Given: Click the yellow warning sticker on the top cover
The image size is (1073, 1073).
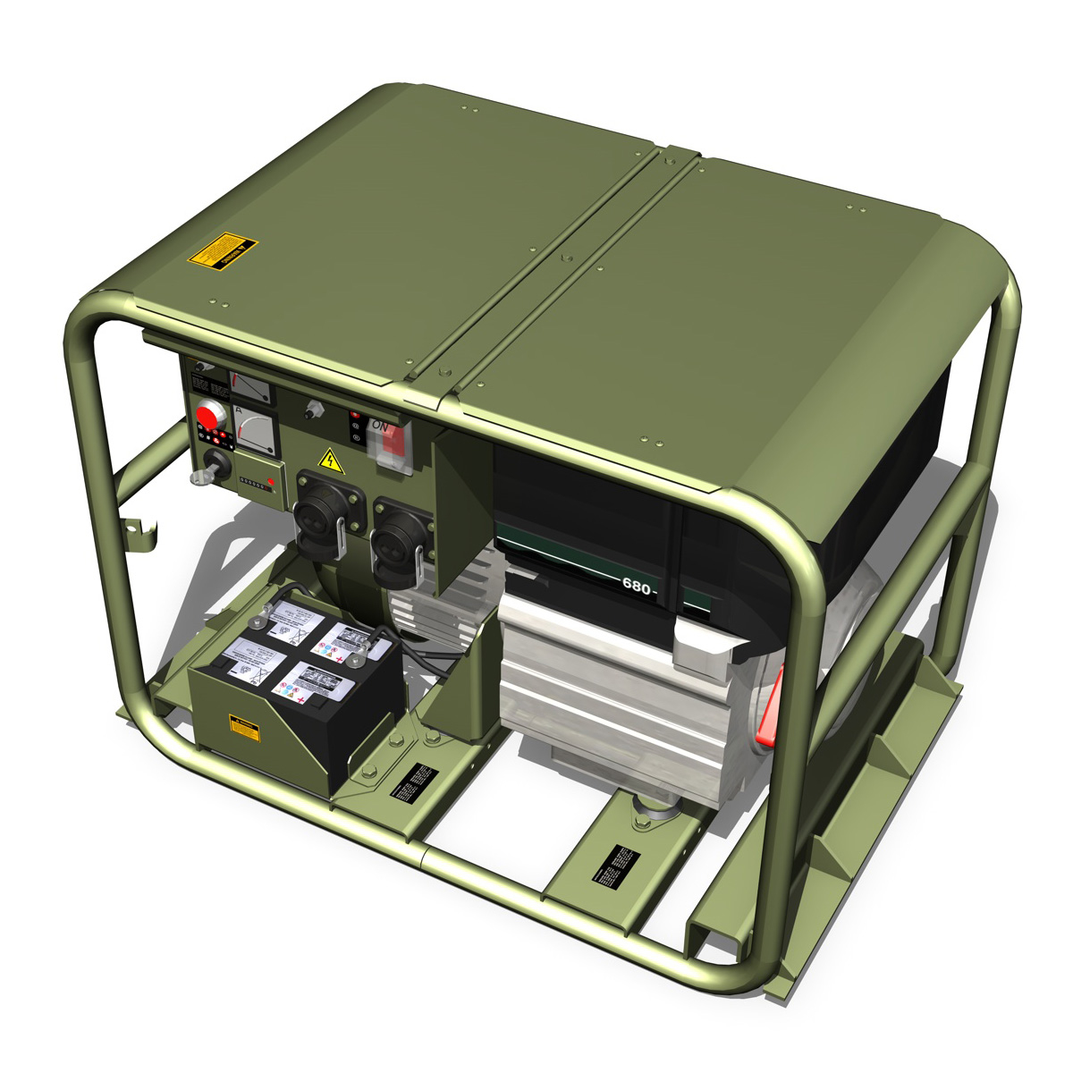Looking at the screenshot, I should pos(223,251).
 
